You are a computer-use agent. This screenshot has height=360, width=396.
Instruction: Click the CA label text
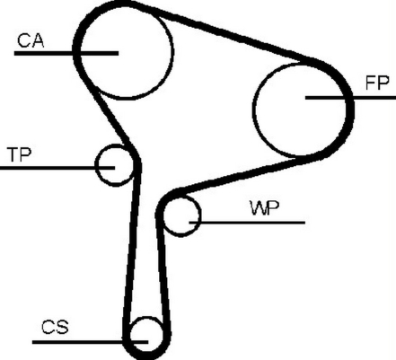tap(31, 41)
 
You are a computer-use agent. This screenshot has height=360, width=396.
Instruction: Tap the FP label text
tap(377, 83)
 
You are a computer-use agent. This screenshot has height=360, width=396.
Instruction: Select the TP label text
tap(20, 154)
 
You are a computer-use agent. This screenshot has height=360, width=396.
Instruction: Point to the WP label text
tap(265, 208)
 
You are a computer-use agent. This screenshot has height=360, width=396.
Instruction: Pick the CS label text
tap(55, 327)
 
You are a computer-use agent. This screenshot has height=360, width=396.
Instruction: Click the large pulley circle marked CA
tap(172, 52)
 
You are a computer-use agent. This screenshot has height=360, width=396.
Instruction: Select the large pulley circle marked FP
tap(254, 110)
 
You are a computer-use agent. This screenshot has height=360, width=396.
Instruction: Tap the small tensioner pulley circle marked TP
tap(96, 165)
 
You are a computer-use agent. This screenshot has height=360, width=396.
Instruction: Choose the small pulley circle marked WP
tap(198, 215)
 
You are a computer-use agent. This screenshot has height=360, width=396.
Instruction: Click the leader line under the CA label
tap(66, 53)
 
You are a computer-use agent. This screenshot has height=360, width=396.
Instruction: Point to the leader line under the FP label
tap(350, 98)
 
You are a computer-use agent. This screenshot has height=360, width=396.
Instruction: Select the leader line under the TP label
tap(57, 168)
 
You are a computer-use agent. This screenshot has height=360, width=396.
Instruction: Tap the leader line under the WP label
tap(247, 223)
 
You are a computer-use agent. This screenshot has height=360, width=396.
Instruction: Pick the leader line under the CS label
tap(90, 342)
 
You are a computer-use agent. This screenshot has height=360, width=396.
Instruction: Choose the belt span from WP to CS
tap(163, 269)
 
